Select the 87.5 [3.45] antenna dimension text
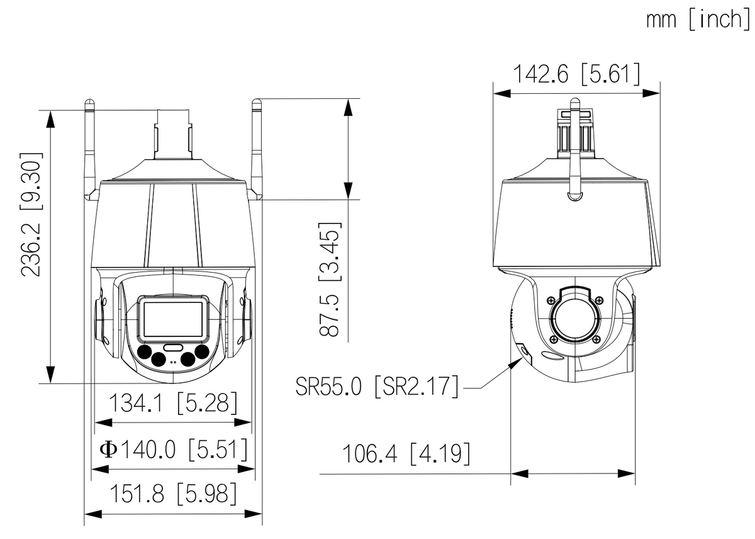330,279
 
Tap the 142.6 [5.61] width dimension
576,74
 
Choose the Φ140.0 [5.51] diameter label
173,450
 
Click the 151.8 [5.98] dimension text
173,494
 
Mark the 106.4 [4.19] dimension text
405,453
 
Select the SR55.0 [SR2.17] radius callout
377,385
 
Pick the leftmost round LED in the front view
145,351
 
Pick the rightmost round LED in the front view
201,351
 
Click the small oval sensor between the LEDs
172,347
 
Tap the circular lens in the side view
576,318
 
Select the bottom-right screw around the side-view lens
599,339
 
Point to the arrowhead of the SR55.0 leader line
520,360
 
